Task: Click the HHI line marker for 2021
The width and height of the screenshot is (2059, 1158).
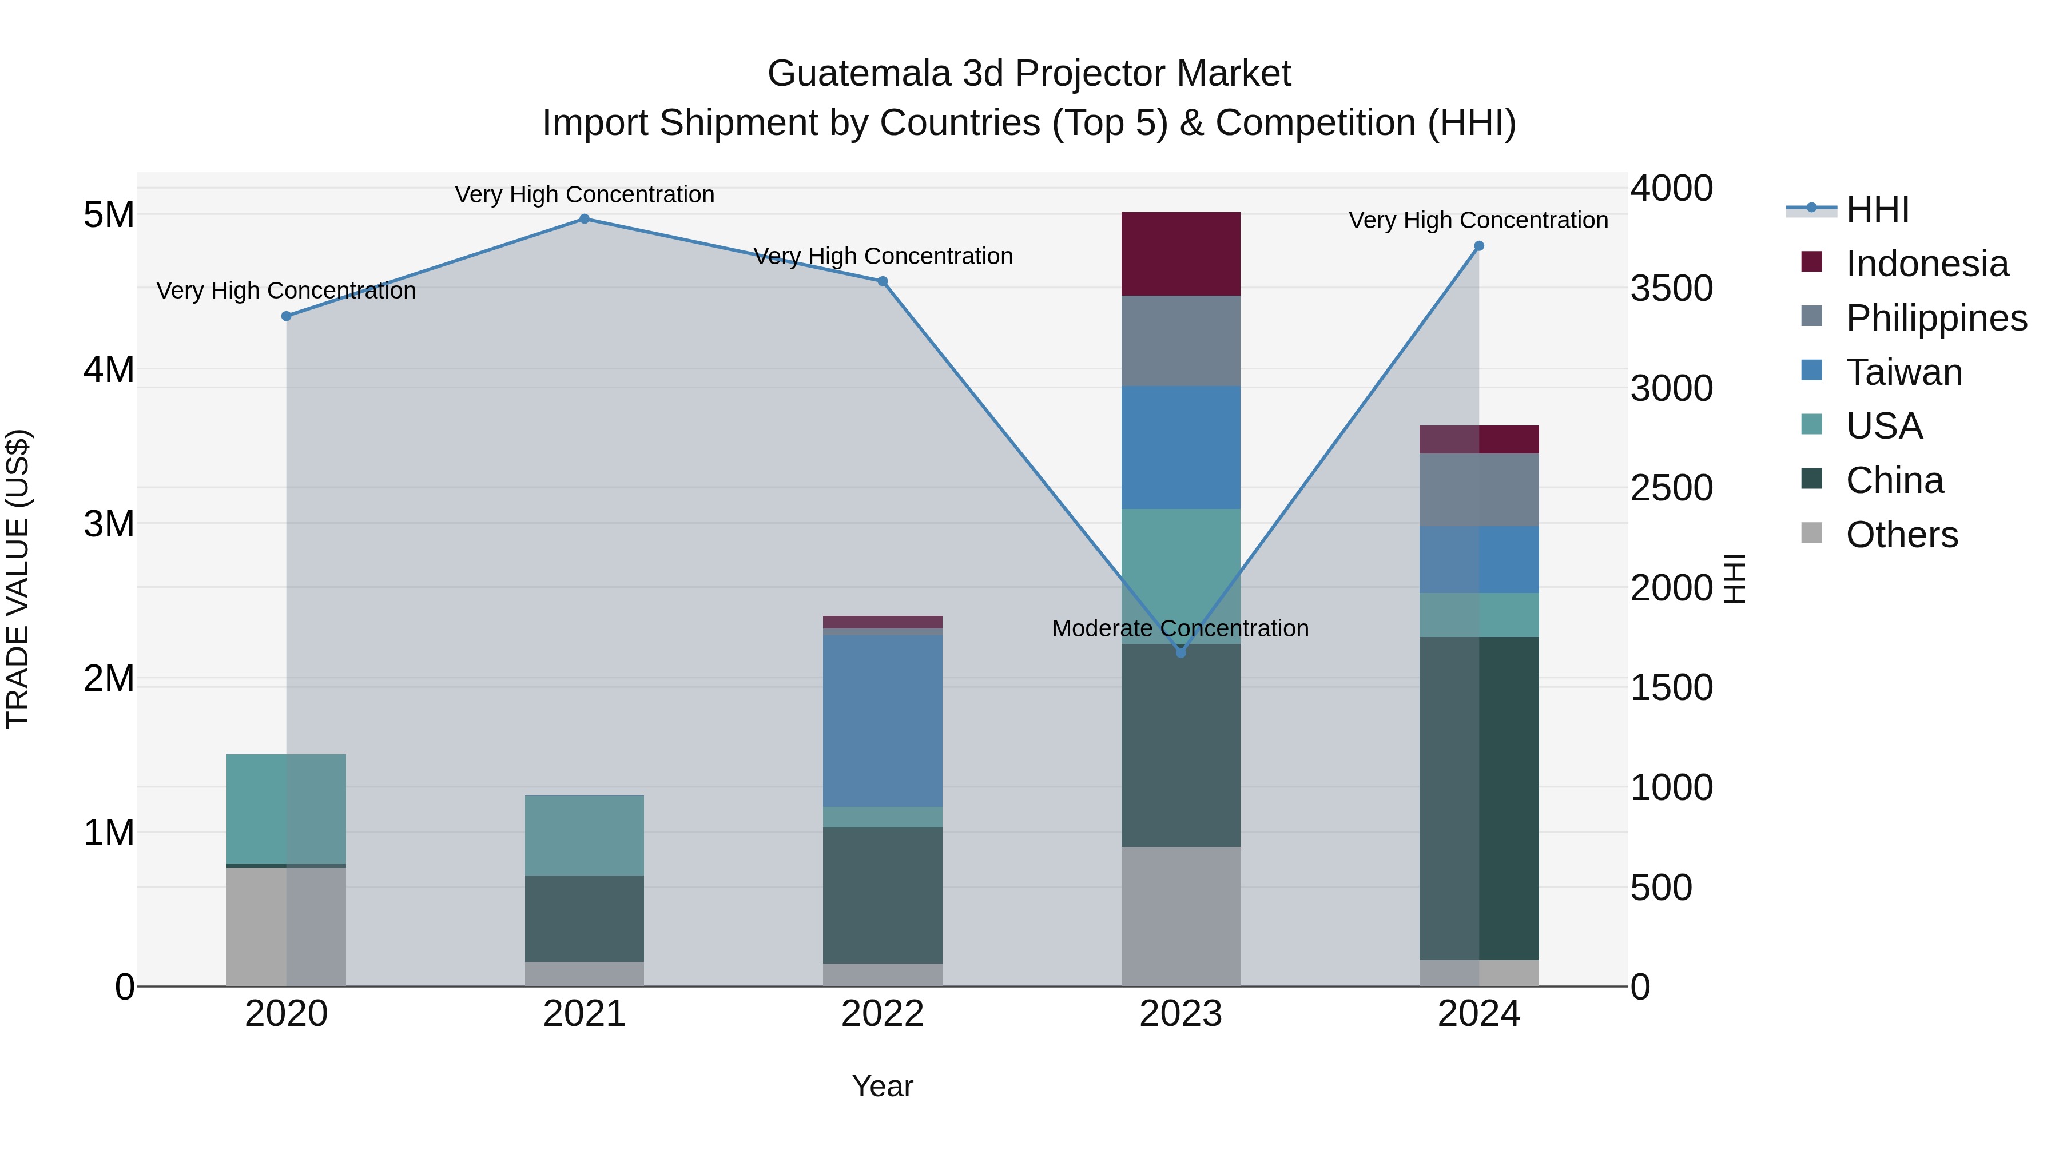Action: coord(585,219)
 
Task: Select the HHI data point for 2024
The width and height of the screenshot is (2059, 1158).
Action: coord(1478,246)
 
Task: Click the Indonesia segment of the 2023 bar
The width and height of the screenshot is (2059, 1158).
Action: coord(1180,254)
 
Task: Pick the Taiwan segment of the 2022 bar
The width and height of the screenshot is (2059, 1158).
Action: coord(883,721)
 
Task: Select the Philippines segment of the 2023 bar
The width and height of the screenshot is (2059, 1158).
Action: coord(1180,341)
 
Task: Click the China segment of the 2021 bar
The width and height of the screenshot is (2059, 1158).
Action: coord(585,918)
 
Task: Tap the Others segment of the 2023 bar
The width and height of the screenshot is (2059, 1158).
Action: coord(1180,917)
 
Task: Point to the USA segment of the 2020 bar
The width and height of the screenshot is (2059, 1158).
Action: coord(286,809)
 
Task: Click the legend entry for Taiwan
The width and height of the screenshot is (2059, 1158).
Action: coord(1903,372)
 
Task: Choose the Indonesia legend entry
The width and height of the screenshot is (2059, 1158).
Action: coord(1926,264)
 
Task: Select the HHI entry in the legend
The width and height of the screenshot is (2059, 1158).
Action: coord(1877,209)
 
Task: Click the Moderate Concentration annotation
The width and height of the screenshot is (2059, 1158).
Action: coord(1180,629)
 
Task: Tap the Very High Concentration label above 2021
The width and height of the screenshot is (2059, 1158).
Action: coord(585,195)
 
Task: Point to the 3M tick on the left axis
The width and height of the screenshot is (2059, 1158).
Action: coord(109,524)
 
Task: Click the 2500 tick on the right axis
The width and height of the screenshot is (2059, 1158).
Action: coord(1671,488)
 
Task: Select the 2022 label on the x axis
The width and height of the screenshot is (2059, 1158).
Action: coord(883,1014)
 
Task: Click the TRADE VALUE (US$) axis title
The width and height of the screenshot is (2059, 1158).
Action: coord(18,579)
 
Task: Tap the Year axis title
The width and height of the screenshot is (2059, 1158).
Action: coord(883,1086)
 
